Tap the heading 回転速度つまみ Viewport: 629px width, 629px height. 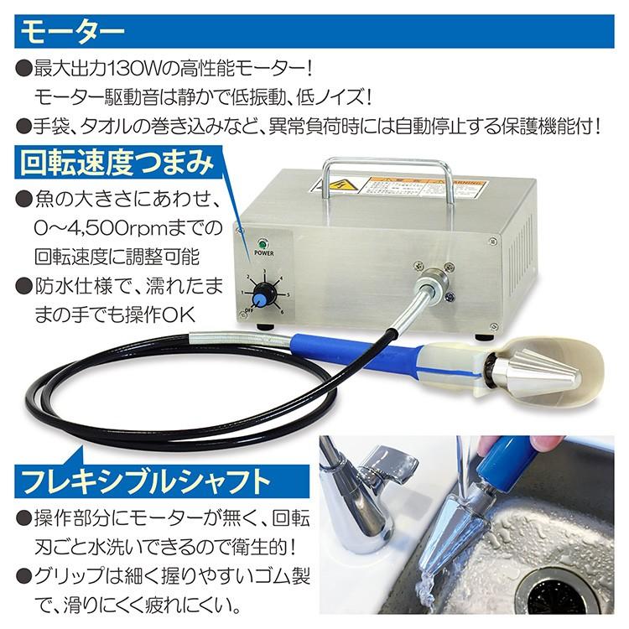(114, 162)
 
